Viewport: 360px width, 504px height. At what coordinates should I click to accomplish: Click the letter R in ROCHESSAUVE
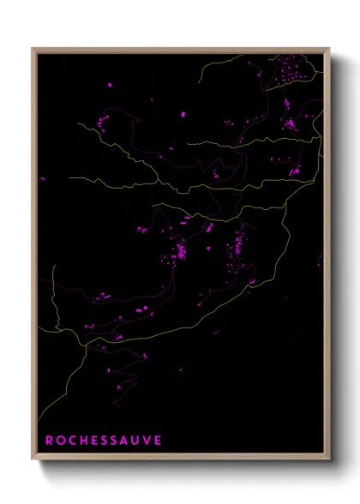pos(50,441)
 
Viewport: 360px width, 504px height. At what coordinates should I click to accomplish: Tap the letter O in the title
pos(61,441)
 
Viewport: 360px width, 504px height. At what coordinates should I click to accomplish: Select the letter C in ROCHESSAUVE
pos(72,441)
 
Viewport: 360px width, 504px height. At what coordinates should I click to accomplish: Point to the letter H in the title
pos(83,441)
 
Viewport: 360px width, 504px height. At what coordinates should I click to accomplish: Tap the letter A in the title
pos(125,441)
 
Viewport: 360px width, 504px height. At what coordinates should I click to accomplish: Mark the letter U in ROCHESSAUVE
pos(136,441)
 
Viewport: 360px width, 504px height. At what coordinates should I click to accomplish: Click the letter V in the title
pos(147,441)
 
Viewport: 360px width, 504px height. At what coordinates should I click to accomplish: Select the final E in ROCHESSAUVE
pos(157,441)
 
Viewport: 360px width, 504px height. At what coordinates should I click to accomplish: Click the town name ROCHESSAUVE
pos(103,441)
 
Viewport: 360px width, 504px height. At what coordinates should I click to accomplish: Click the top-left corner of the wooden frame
pos(33,48)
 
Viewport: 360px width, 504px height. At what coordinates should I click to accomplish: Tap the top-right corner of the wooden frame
pos(329,48)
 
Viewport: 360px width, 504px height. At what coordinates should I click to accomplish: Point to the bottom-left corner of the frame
pos(33,459)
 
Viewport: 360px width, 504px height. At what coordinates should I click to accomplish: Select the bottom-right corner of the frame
pos(329,459)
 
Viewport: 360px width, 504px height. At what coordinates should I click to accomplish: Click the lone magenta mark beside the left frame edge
pos(42,179)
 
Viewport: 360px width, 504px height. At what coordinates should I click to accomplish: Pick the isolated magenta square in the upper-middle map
pos(183,113)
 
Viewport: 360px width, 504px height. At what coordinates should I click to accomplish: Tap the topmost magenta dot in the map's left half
pos(110,84)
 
